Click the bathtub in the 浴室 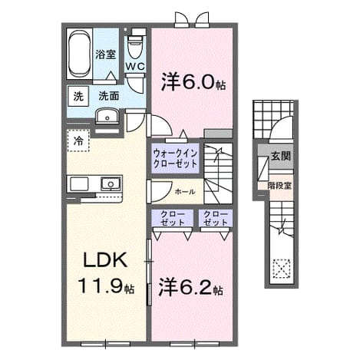tap(79, 54)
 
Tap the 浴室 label tap(106, 54)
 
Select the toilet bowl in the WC tap(135, 47)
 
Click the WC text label tap(135, 67)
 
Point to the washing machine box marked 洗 tap(78, 97)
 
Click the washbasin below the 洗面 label tap(107, 117)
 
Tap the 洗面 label tap(109, 96)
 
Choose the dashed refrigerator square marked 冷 tap(78, 140)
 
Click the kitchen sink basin tap(111, 184)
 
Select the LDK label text tap(105, 260)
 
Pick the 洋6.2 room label tap(190, 289)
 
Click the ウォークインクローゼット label tap(175, 159)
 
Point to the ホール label tap(185, 192)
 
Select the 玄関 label tap(281, 156)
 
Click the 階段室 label tap(279, 186)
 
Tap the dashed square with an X tap(282, 269)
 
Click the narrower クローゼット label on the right tap(216, 219)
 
